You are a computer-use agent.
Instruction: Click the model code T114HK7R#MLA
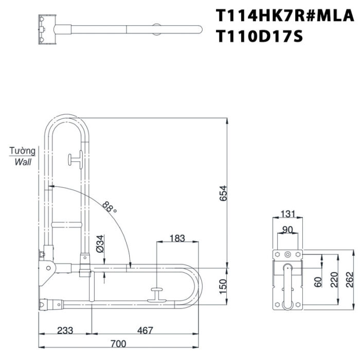pyautogui.click(x=285, y=15)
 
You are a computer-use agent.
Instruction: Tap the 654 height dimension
pyautogui.click(x=223, y=193)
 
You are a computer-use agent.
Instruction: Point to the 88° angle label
pyautogui.click(x=110, y=208)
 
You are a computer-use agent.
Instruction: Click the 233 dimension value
pyautogui.click(x=66, y=331)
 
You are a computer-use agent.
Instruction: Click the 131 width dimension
pyautogui.click(x=287, y=214)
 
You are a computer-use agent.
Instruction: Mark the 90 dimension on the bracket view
pyautogui.click(x=287, y=229)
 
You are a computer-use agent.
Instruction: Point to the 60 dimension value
pyautogui.click(x=318, y=282)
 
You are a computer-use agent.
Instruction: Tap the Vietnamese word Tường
pyautogui.click(x=23, y=151)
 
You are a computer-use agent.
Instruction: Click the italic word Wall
pyautogui.click(x=23, y=162)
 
